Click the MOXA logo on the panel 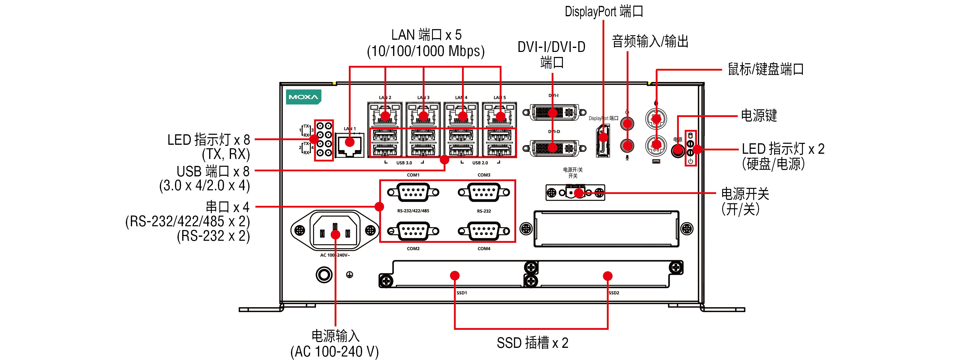[x=303, y=97]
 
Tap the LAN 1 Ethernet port [x=349, y=145]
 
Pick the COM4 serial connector [x=484, y=231]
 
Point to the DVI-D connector [x=554, y=148]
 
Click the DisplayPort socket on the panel [x=603, y=142]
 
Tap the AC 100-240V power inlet [x=335, y=231]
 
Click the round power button [x=678, y=151]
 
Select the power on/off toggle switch [x=575, y=192]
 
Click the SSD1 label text [x=461, y=293]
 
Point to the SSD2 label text [x=614, y=293]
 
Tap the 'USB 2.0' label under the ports [x=480, y=163]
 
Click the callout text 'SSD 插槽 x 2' [x=532, y=343]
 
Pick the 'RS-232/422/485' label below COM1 [x=413, y=211]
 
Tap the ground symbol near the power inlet [x=349, y=275]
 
